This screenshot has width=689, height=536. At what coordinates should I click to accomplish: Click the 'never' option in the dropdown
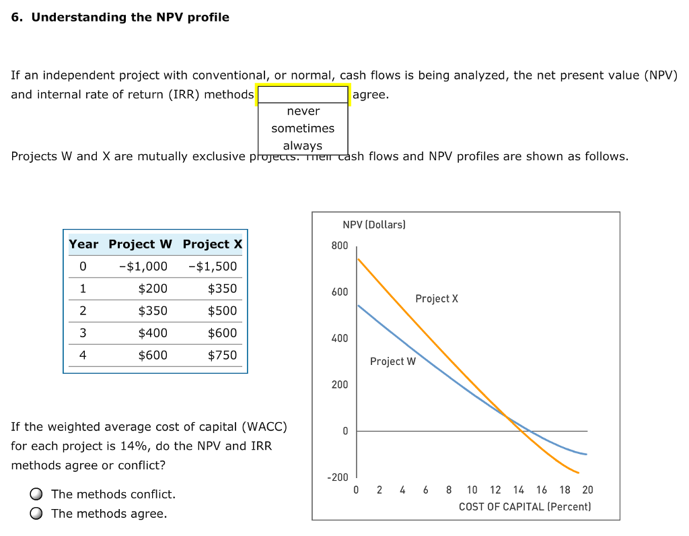(303, 111)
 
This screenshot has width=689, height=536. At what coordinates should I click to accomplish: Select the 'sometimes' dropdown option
(303, 128)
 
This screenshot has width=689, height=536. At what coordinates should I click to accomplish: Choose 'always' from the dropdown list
(303, 145)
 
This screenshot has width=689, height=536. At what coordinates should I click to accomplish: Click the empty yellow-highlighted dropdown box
(303, 95)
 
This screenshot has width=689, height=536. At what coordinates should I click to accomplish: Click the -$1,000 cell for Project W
(143, 266)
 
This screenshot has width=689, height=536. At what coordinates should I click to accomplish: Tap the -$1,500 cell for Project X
(213, 266)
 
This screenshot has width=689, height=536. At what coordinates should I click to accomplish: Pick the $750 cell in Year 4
(222, 355)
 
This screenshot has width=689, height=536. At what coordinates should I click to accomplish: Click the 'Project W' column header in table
(140, 244)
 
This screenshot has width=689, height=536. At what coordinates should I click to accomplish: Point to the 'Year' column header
(83, 244)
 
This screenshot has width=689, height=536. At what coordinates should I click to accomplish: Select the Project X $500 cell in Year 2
(222, 310)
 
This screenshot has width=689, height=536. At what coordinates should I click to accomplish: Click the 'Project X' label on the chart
(437, 298)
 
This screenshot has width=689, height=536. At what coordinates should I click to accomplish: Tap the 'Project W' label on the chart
(393, 362)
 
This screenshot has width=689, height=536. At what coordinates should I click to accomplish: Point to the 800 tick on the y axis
(339, 246)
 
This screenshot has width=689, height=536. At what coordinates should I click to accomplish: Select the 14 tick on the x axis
(518, 490)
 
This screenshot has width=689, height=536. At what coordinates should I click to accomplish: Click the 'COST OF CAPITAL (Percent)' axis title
(525, 506)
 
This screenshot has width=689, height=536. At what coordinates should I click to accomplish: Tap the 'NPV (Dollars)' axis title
(374, 225)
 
